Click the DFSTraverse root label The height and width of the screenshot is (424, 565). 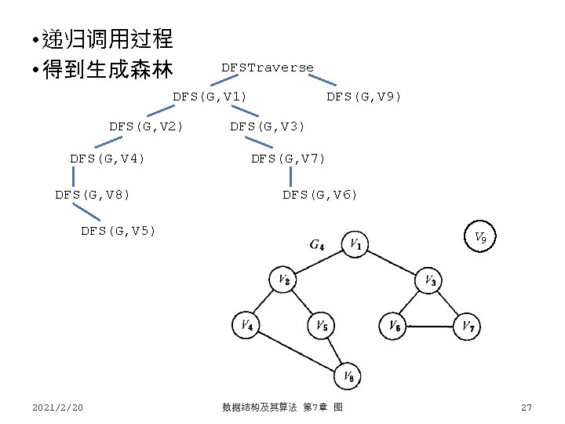coord(267,68)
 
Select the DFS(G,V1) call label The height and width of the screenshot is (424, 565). coord(210,97)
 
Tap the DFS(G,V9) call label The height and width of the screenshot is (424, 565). coord(363,97)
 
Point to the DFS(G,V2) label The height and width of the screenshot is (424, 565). coord(147,126)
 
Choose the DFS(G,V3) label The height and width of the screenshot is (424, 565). coord(267,126)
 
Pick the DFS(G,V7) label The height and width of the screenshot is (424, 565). coord(288,159)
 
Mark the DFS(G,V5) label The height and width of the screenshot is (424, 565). coord(118,231)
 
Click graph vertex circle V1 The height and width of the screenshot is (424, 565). coord(356,243)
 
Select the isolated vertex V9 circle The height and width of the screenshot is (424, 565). coord(480,238)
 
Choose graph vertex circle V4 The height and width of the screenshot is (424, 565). coord(246,324)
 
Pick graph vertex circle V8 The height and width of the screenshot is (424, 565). coord(348,378)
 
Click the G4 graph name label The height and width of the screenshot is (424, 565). coord(317,244)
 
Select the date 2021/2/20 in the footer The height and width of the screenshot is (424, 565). coord(58,408)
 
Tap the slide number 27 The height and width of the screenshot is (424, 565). coord(527,408)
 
